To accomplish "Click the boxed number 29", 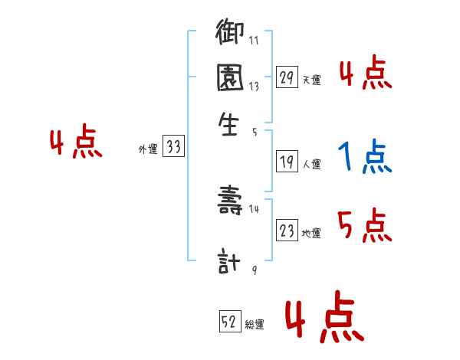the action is point(287,77).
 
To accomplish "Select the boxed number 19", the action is point(287,162).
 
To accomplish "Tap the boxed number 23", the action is point(287,231).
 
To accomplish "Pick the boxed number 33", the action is point(173,148).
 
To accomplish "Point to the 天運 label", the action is point(311,79).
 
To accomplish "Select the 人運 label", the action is point(311,163).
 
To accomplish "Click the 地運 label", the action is point(311,233).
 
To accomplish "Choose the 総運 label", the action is point(255,325).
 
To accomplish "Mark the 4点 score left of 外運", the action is point(75,143).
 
